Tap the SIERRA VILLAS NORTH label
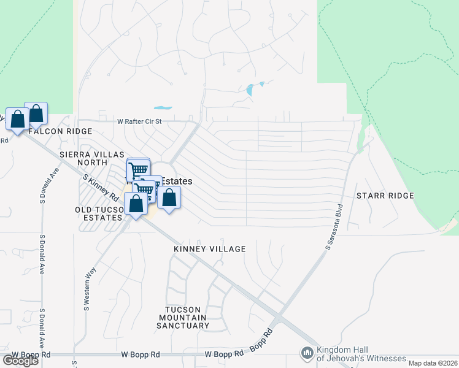[92, 158]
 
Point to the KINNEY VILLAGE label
[209, 249]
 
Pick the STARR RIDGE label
[385, 196]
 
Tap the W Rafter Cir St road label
[139, 121]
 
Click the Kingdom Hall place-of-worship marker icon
[306, 353]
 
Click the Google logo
[21, 361]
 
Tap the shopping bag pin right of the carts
[169, 197]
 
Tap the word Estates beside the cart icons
[177, 182]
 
